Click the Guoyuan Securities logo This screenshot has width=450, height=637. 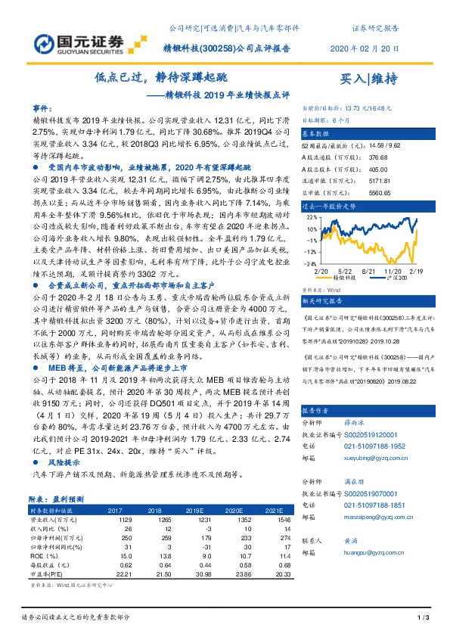(x=73, y=39)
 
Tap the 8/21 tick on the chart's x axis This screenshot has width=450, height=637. (x=370, y=269)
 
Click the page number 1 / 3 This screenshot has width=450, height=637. (x=422, y=618)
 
